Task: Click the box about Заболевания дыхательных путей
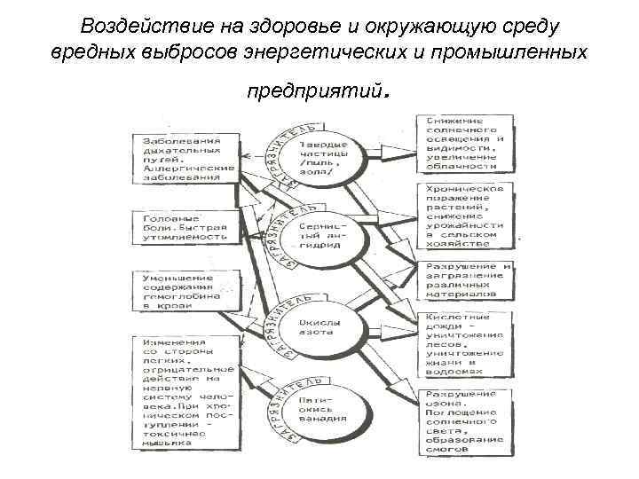pyautogui.click(x=185, y=159)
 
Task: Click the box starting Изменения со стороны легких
pyautogui.click(x=185, y=390)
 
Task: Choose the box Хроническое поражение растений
pyautogui.click(x=464, y=216)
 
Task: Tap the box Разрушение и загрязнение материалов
pyautogui.click(x=464, y=279)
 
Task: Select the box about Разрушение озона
pyautogui.click(x=464, y=420)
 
